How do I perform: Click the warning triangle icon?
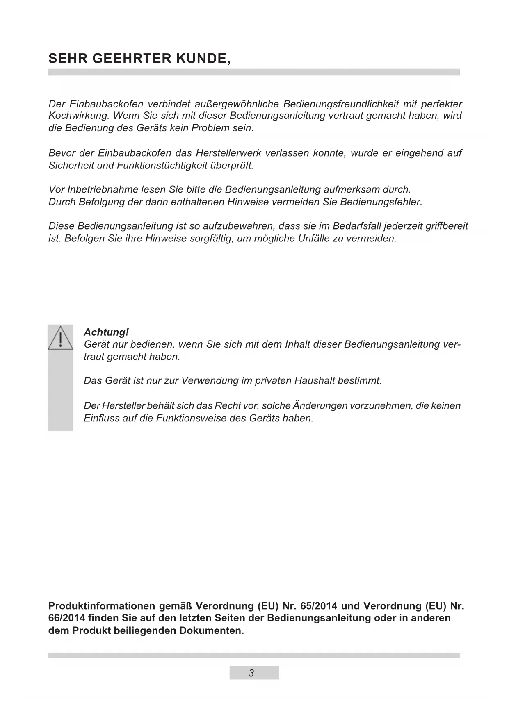coord(60,338)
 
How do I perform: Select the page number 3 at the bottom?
coord(251,673)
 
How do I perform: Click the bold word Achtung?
coord(106,332)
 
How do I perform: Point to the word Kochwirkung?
coord(78,116)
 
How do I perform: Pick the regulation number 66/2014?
coord(67,618)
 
